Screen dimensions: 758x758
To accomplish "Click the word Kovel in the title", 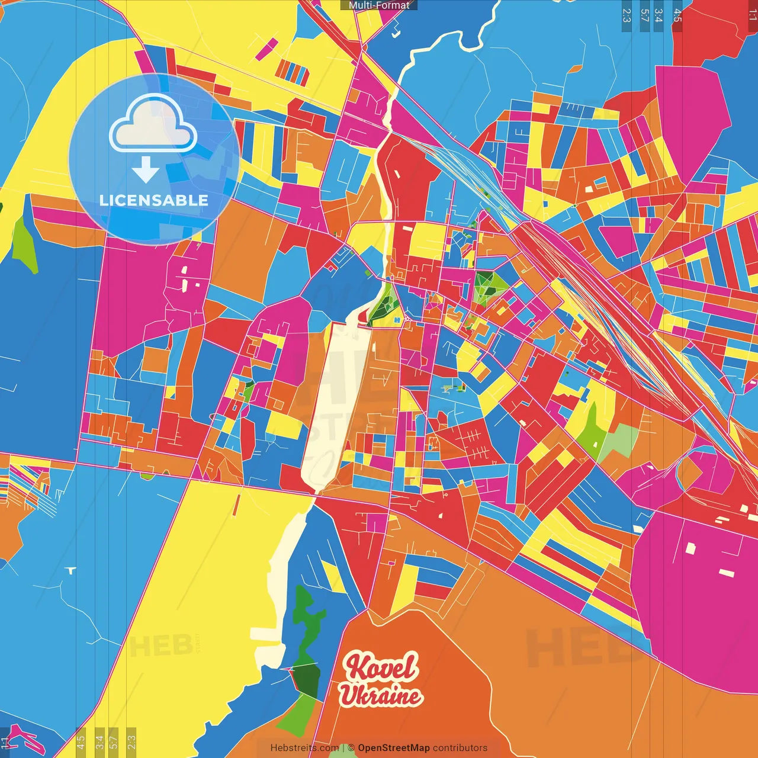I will tap(381, 667).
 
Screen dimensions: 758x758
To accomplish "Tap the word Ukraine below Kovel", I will tap(380, 696).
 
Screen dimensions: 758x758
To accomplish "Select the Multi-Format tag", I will tap(379, 5).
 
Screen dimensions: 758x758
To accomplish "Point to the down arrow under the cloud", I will tap(146, 170).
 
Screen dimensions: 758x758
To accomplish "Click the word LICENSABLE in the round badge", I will tap(154, 200).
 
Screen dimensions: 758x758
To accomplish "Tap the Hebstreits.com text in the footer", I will tap(304, 748).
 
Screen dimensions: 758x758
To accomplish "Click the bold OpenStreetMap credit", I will tap(394, 748).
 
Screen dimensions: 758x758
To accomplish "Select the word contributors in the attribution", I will tap(460, 748).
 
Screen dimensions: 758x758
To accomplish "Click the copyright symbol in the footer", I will tap(351, 748).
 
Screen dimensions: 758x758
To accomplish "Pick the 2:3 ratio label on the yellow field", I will tap(131, 740).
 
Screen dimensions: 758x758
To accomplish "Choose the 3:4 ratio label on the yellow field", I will tap(99, 740).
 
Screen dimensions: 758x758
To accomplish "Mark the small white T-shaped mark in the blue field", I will tap(72, 571).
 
